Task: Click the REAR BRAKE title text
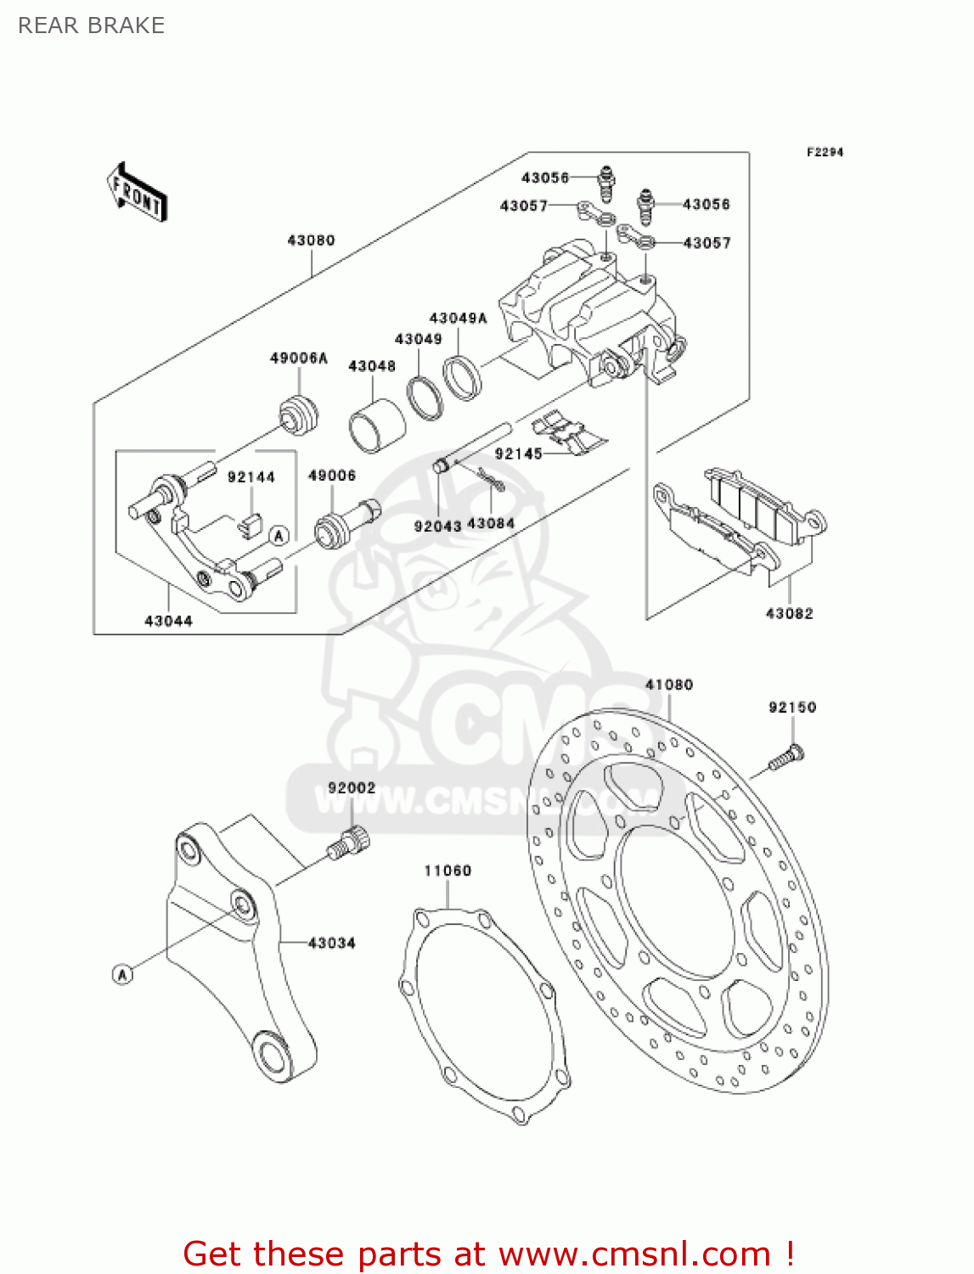click(x=91, y=25)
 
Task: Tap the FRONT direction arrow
click(x=136, y=193)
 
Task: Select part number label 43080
click(x=311, y=240)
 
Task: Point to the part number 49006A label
click(x=298, y=358)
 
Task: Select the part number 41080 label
click(x=668, y=685)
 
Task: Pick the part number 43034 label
click(x=331, y=943)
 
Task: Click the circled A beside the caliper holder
click(x=279, y=536)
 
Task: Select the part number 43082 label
click(x=789, y=613)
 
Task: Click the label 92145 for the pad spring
click(x=518, y=454)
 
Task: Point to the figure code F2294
click(x=824, y=152)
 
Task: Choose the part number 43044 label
click(x=168, y=621)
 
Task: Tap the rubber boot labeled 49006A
click(x=299, y=414)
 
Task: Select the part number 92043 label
click(x=437, y=526)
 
